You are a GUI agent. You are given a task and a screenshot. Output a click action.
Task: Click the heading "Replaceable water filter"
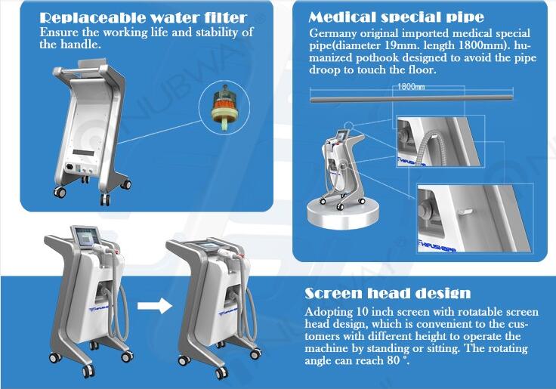143,17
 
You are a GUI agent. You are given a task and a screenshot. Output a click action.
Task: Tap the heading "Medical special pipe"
396,17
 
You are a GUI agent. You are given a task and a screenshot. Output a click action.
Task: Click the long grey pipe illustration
412,99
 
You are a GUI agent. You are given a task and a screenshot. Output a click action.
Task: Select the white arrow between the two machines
155,305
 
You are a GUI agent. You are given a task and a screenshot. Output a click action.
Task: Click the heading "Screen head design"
388,293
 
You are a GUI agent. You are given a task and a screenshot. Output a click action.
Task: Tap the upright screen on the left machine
85,236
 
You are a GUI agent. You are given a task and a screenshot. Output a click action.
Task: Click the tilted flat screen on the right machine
205,245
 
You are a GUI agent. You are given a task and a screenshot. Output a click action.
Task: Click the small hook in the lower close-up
465,211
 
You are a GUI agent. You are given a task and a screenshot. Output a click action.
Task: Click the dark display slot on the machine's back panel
84,153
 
